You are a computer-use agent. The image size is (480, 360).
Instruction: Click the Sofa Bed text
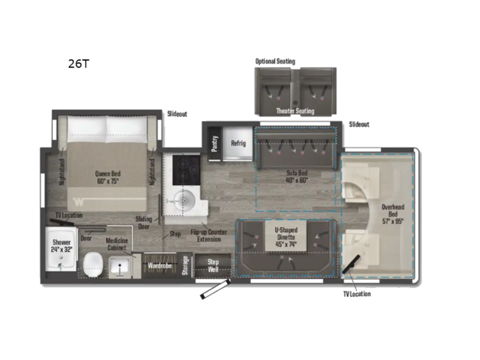click(x=297, y=176)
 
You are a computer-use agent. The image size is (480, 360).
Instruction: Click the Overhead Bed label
click(x=393, y=211)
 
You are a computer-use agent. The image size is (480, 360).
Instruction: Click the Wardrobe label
click(x=158, y=264)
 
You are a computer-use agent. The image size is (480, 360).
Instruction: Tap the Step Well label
click(x=214, y=265)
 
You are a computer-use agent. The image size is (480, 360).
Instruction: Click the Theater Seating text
click(x=295, y=111)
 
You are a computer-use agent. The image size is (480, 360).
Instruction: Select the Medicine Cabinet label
click(x=118, y=245)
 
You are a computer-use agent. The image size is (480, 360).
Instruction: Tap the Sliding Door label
click(x=143, y=222)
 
